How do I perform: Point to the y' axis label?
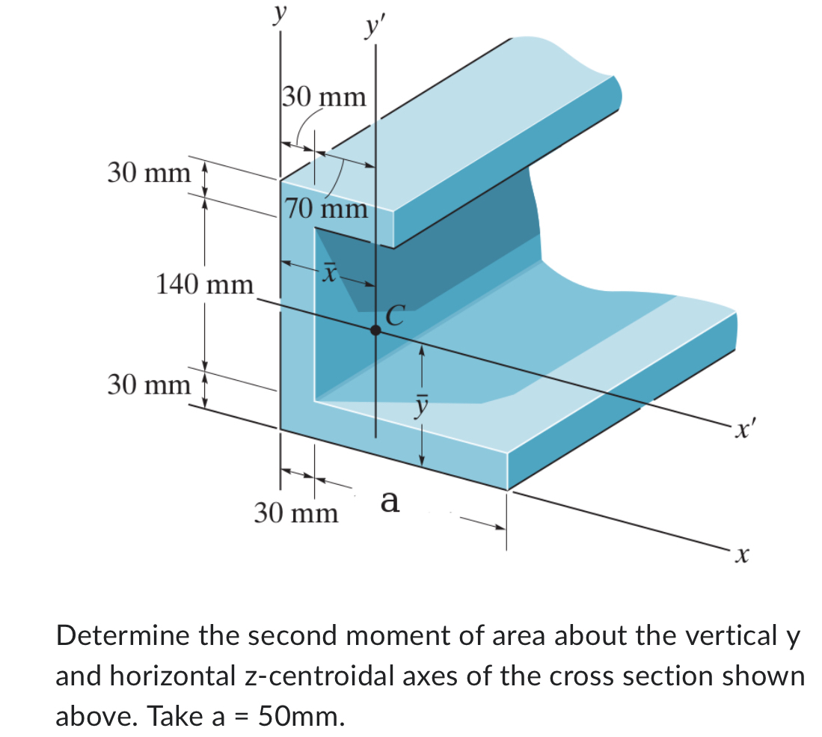coord(372,28)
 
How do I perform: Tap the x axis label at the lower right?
coord(740,554)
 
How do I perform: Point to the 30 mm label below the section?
coord(295,514)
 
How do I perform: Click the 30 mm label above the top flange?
coord(325,97)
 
